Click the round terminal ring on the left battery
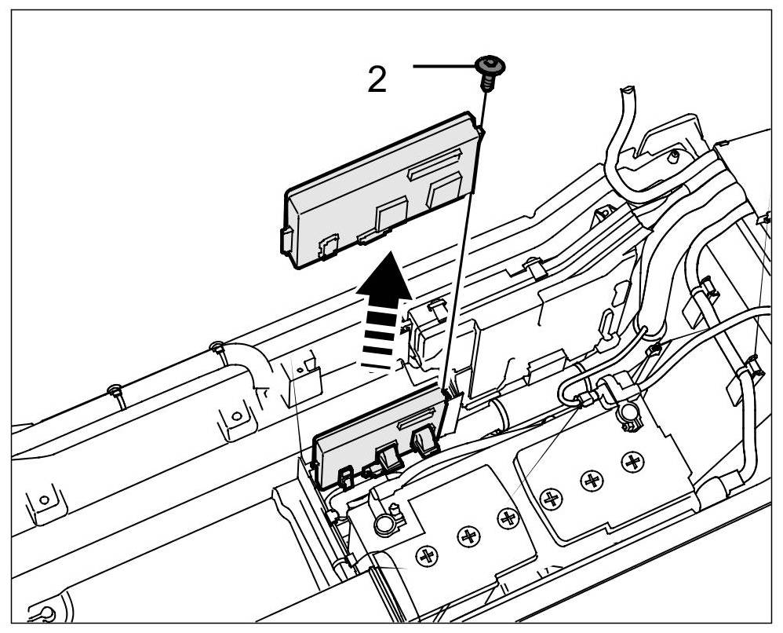(384, 521)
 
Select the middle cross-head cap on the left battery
(469, 536)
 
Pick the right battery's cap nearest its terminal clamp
(632, 461)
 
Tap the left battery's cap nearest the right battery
(508, 517)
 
